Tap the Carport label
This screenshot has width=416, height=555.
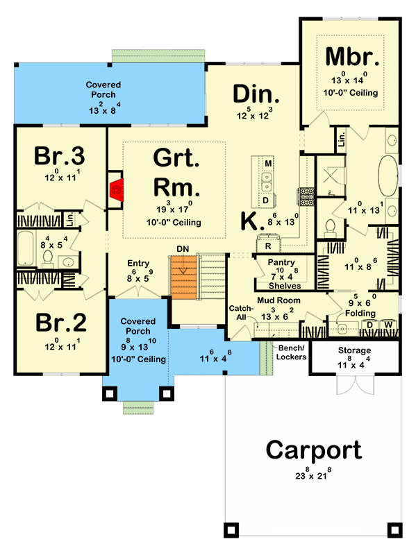[313, 450]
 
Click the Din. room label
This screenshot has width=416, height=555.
[256, 94]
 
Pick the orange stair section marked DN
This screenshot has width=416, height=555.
[183, 273]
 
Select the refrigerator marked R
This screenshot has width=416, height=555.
[267, 245]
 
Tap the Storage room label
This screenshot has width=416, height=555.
[354, 351]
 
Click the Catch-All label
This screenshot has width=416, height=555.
[240, 311]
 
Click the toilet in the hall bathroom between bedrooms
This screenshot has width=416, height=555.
[48, 258]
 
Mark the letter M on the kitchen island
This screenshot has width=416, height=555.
[267, 163]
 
